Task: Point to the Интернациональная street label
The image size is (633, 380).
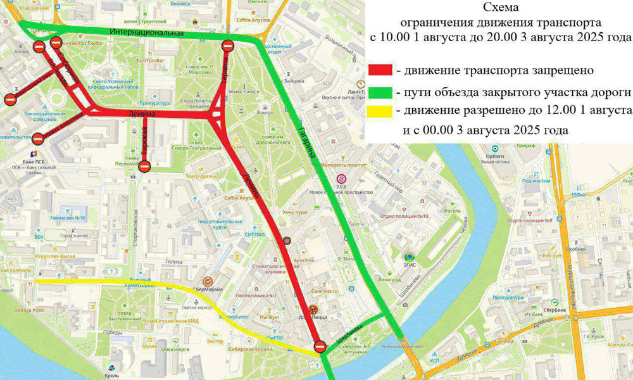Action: point(146,32)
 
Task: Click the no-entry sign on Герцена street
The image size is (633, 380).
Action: point(228,45)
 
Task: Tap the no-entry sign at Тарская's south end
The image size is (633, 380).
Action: point(144,167)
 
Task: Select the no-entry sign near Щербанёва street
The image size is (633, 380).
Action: point(320,346)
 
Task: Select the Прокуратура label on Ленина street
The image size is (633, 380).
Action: point(155,103)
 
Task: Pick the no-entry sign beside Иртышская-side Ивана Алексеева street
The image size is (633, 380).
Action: point(39,138)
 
